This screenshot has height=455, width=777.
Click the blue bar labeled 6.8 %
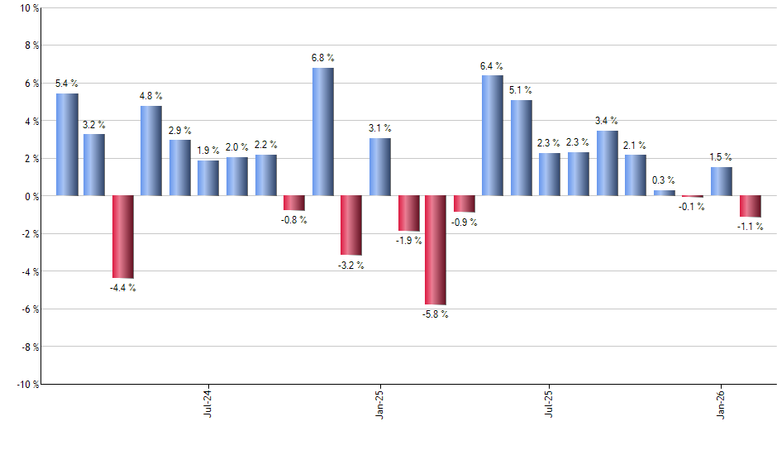(323, 132)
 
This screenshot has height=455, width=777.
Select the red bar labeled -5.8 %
(436, 250)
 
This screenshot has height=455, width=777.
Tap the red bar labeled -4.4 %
(123, 237)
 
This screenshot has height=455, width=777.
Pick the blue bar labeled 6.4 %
(492, 136)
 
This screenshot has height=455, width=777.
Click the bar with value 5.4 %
(67, 145)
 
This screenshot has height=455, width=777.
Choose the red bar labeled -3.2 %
(351, 225)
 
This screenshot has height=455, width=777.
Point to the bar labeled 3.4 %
(608, 163)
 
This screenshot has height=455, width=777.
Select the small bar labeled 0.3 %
(665, 193)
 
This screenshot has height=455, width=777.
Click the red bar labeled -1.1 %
(751, 206)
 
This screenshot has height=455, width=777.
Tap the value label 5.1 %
(521, 90)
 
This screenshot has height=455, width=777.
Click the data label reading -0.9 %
(465, 222)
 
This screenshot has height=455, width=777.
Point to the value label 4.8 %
(151, 96)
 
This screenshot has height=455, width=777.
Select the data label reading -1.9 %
(408, 241)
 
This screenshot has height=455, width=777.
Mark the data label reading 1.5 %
(721, 157)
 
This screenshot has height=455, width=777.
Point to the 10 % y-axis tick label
(28, 8)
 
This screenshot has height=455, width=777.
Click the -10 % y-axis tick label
(26, 384)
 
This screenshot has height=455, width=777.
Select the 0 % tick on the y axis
(31, 196)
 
